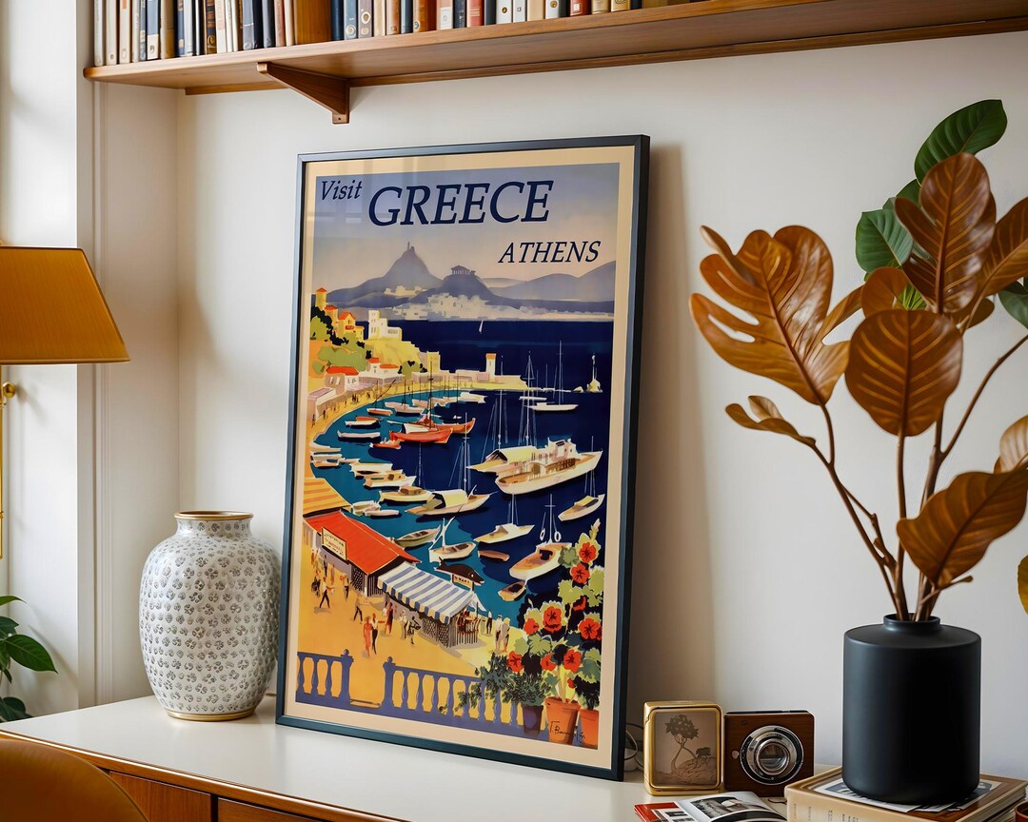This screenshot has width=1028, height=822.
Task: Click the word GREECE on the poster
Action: tap(460, 202)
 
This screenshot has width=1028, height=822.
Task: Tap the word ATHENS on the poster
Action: tap(549, 252)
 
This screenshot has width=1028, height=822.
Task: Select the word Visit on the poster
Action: tap(340, 189)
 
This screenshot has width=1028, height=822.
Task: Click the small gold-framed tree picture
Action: tap(682, 747)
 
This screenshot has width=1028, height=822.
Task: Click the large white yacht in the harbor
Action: tap(546, 468)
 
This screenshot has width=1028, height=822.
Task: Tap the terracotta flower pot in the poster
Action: tap(561, 719)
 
